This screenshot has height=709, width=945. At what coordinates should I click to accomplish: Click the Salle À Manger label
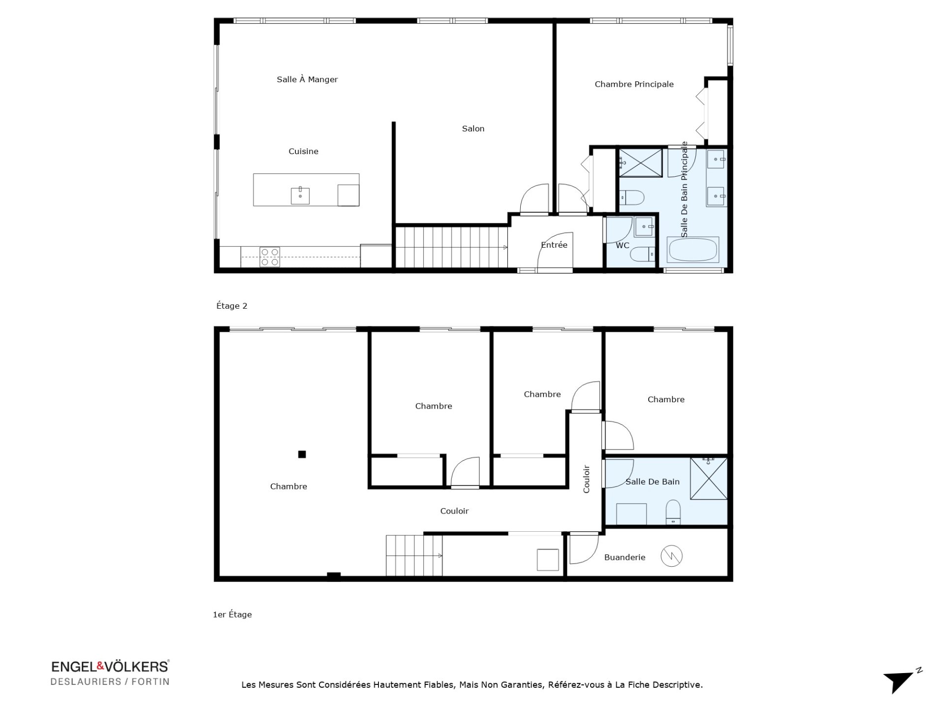click(307, 80)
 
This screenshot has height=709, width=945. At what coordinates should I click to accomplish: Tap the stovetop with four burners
click(270, 257)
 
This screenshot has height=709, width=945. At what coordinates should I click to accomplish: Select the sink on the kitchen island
click(300, 195)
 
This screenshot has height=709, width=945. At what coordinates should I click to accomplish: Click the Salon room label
click(473, 129)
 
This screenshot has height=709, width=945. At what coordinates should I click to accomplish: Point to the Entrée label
click(554, 245)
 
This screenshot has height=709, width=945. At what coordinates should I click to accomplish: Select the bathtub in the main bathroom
click(693, 250)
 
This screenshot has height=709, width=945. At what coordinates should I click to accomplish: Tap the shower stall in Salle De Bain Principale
click(640, 162)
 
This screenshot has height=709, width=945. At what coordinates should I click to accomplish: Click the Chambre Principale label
click(634, 84)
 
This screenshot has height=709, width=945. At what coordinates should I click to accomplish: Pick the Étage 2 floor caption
click(232, 306)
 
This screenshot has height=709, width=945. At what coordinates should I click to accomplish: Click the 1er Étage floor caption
click(232, 614)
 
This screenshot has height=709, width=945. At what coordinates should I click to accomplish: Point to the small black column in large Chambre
click(302, 454)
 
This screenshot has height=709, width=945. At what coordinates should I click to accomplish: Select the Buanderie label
click(625, 557)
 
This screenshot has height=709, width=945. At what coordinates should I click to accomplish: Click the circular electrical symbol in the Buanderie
click(671, 556)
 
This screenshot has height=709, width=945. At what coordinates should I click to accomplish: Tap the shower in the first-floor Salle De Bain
click(709, 479)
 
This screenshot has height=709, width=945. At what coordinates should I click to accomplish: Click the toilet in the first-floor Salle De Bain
click(673, 512)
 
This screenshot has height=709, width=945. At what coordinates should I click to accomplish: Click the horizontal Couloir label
click(454, 511)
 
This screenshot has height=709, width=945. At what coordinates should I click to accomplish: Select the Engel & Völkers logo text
click(110, 667)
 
